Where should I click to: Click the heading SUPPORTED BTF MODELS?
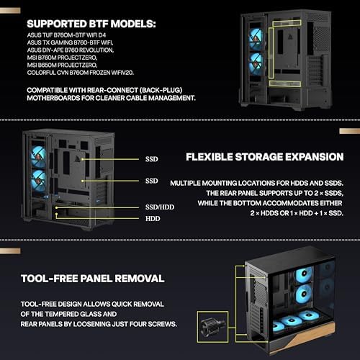92,24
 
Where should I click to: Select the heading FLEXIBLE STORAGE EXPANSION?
264,157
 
